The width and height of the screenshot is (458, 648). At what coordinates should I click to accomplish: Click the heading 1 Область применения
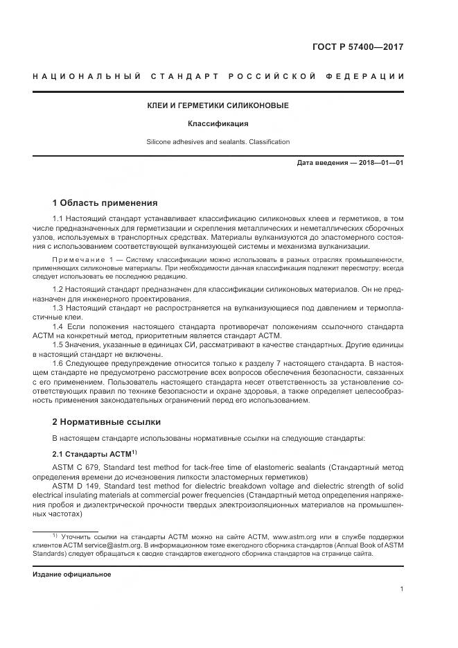(x=105, y=203)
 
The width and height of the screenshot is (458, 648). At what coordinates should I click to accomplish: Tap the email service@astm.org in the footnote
(x=99, y=545)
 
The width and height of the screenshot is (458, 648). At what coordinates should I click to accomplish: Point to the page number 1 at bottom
(x=402, y=589)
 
